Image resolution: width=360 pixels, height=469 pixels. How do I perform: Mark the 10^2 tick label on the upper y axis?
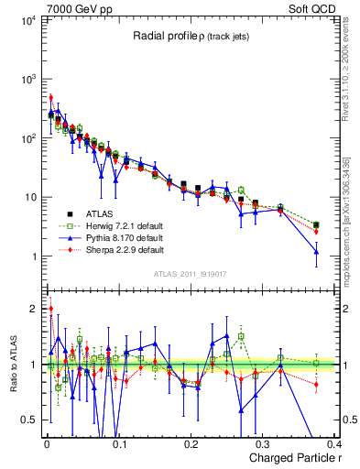point(27,138)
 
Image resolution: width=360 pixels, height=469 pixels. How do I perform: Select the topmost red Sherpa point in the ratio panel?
point(51,309)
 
